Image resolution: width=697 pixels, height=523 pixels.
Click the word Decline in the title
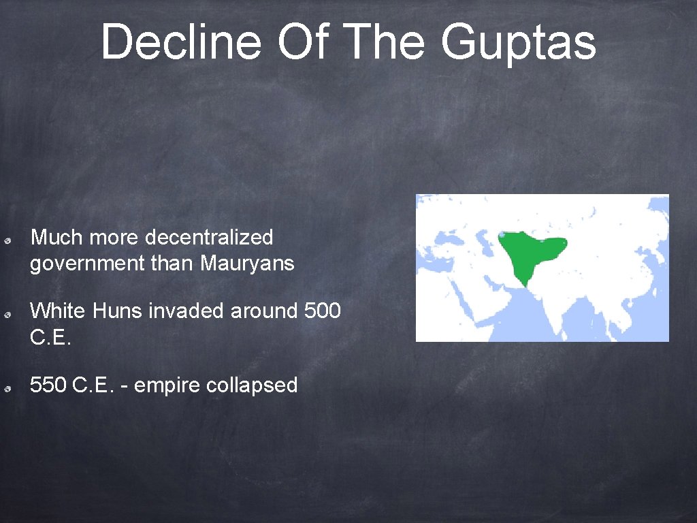pyautogui.click(x=181, y=42)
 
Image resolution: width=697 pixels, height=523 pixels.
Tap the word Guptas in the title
pyautogui.click(x=519, y=42)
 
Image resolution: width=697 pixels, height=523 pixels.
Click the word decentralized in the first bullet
pyautogui.click(x=209, y=238)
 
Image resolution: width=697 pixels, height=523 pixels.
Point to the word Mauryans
pyautogui.click(x=247, y=263)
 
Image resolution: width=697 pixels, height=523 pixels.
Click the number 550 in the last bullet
pyautogui.click(x=48, y=385)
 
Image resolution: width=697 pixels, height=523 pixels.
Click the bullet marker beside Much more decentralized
pyautogui.click(x=5, y=240)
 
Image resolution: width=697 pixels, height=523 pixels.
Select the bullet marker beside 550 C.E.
pyautogui.click(x=5, y=387)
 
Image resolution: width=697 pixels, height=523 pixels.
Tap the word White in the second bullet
pyautogui.click(x=59, y=311)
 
